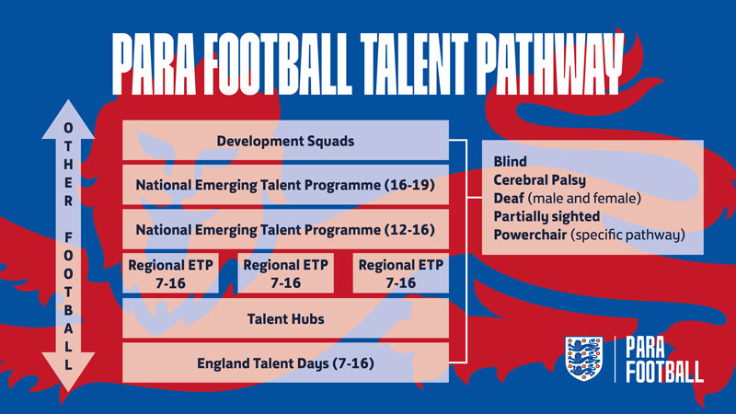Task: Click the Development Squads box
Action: (x=285, y=141)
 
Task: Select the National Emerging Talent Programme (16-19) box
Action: (x=285, y=185)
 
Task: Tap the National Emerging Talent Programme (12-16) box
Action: (x=285, y=228)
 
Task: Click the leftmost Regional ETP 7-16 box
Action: (x=170, y=273)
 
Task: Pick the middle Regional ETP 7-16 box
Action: (x=285, y=273)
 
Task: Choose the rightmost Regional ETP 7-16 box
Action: (x=400, y=273)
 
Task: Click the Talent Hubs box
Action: (x=285, y=318)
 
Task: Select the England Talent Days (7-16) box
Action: (x=285, y=362)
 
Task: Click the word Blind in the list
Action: (x=511, y=162)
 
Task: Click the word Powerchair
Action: (x=529, y=235)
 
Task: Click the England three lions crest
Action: (x=584, y=358)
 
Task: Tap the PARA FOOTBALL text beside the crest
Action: (x=662, y=359)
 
